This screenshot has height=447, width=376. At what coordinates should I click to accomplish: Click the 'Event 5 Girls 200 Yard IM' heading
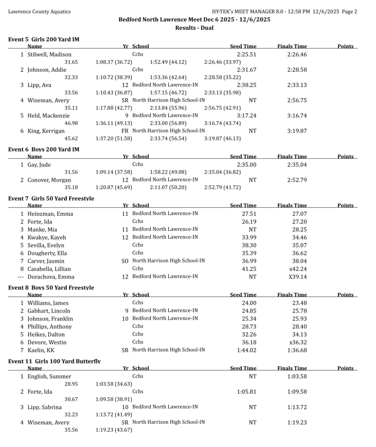point(44,39)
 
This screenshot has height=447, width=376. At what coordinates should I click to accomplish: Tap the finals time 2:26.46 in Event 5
point(297,55)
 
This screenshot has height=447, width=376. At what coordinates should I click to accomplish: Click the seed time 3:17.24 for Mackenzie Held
point(247,116)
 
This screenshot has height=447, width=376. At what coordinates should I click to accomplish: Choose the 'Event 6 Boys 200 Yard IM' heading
point(44,149)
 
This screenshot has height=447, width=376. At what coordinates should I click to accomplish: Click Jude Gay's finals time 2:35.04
point(297,165)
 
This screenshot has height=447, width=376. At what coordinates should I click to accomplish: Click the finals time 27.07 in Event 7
point(299,214)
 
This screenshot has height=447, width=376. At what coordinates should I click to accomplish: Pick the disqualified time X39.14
point(298,277)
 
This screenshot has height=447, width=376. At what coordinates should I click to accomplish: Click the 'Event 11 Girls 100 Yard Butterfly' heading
point(54,361)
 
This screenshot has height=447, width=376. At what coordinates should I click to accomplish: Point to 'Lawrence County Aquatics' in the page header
point(39,11)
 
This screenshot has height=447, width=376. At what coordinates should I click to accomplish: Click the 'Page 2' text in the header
point(349,11)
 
